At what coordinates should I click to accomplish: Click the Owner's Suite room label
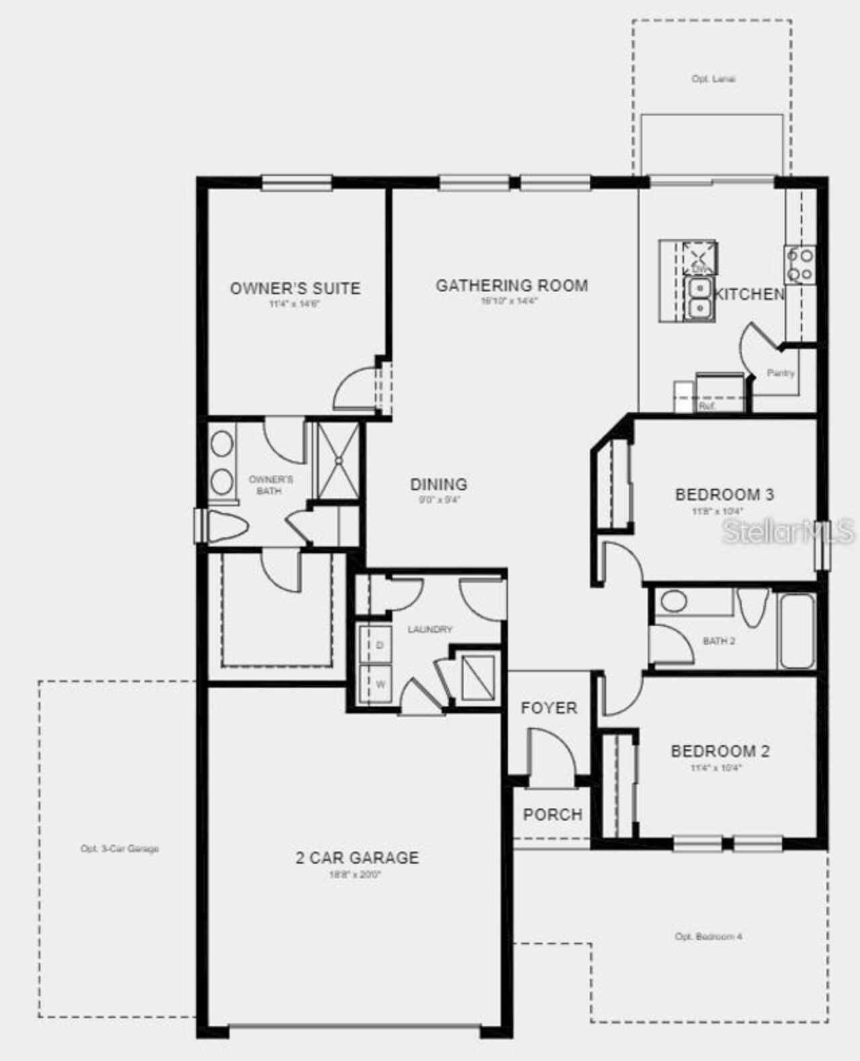pos(295,289)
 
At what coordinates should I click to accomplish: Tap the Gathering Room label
pos(511,286)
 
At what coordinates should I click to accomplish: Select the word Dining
pos(438,484)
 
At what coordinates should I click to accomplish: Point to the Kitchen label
pos(748,294)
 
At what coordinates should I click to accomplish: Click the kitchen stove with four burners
pos(800,265)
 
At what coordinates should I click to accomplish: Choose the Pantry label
pos(780,373)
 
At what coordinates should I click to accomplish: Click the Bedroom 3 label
pos(724,495)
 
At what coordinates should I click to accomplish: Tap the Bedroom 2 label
pos(720,751)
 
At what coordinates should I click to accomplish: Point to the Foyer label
pos(548,708)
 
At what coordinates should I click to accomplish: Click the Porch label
pos(552,815)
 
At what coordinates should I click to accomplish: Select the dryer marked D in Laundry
pos(379,645)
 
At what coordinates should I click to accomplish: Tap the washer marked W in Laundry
pos(380,684)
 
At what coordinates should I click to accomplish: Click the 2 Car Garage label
pos(357,858)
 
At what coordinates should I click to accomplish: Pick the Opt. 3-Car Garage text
pos(120,849)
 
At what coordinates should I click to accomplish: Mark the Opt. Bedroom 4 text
pos(708,936)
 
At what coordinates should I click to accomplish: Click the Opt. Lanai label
pos(713,79)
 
